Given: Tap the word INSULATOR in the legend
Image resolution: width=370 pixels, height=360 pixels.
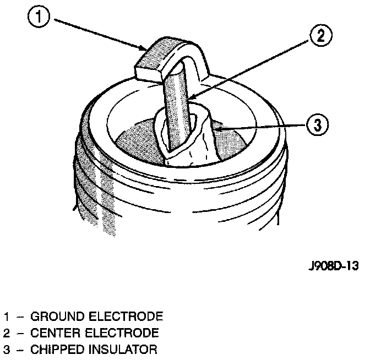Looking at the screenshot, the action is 122,349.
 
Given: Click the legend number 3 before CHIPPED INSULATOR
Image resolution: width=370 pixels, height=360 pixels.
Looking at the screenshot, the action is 7,349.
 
